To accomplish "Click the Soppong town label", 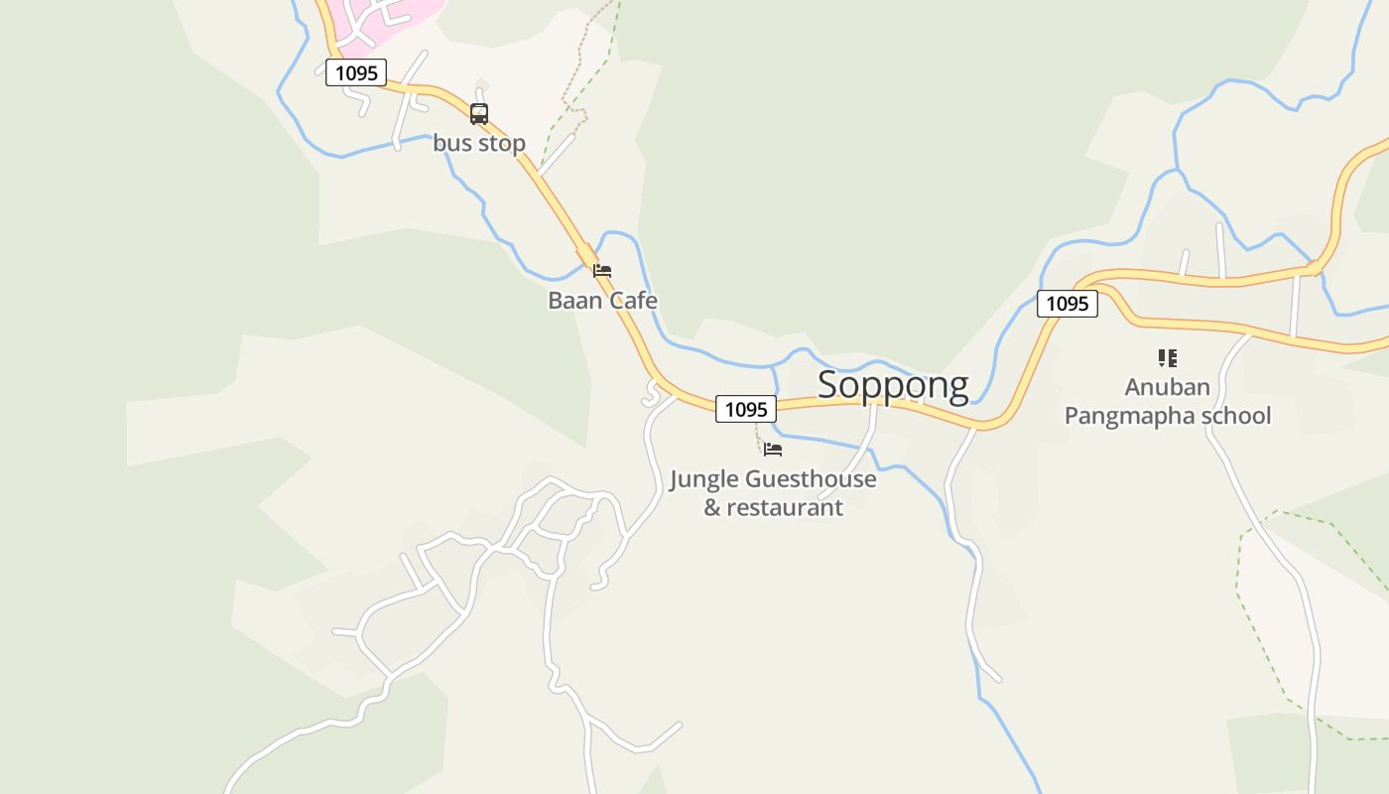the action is click(892, 385).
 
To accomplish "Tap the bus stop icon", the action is click(479, 114).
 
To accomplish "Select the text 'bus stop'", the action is click(479, 143).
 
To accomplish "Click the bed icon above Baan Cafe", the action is click(602, 270).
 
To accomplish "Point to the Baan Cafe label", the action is click(602, 300).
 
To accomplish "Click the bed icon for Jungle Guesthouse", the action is click(773, 450).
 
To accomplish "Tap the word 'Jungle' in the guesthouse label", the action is click(704, 479).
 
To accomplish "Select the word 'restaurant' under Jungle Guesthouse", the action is click(785, 507).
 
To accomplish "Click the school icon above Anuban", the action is click(1168, 358).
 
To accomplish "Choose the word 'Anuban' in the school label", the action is click(1168, 386).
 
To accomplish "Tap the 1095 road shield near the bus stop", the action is click(356, 72).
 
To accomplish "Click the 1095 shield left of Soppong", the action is click(746, 409).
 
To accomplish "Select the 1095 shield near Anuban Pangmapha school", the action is click(1068, 304).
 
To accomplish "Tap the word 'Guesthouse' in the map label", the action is click(811, 479).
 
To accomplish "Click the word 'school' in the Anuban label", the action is click(1236, 415).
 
